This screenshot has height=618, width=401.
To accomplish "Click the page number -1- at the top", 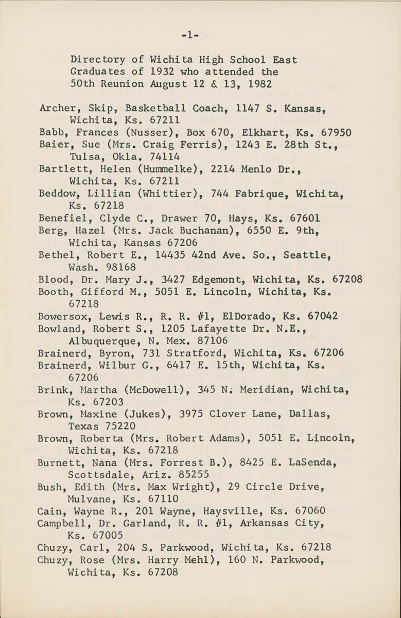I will click(x=190, y=35).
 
